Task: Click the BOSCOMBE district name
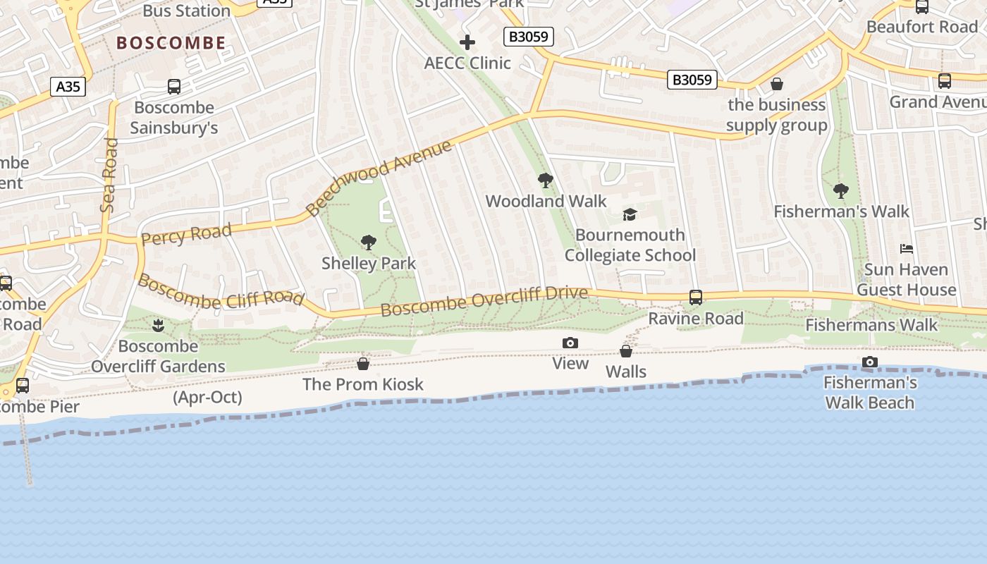171,43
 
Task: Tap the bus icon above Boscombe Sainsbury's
174,87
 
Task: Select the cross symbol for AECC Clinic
467,42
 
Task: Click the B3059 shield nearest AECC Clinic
529,37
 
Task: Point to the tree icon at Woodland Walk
545,180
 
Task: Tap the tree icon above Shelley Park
368,243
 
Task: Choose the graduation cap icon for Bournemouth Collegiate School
630,214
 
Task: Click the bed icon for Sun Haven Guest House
907,249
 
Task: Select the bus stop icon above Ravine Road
696,298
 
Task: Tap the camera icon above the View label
570,343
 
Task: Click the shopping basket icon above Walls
626,351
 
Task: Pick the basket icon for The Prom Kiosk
363,364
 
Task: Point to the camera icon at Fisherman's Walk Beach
870,362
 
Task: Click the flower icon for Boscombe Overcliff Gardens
158,326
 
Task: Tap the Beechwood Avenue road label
379,178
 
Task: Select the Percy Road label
186,234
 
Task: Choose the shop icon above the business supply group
777,85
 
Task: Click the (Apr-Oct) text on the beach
207,398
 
